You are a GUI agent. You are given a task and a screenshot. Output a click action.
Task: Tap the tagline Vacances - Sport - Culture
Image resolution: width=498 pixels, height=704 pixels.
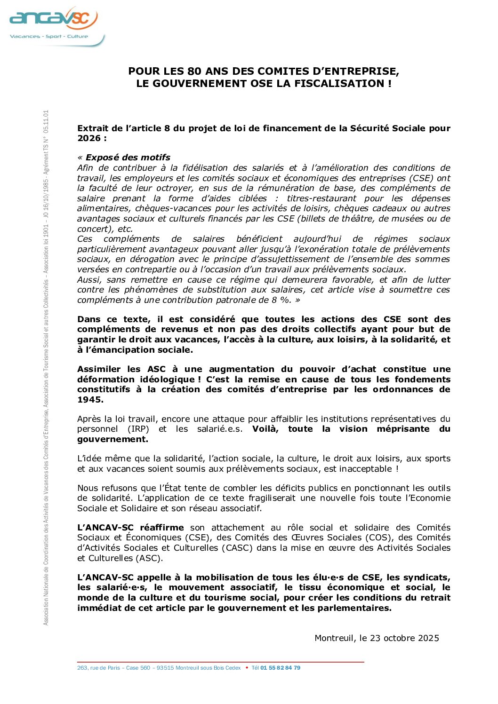click(x=49, y=36)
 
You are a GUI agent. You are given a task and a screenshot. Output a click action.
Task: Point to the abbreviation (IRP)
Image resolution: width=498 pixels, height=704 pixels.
click(x=138, y=429)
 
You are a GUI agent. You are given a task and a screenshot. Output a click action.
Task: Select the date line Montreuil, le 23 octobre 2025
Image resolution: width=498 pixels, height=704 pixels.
click(x=377, y=638)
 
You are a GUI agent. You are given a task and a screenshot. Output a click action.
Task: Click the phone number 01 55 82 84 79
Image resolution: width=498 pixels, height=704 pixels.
click(x=280, y=668)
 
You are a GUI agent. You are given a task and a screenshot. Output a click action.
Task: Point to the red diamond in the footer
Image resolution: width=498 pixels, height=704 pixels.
click(x=247, y=668)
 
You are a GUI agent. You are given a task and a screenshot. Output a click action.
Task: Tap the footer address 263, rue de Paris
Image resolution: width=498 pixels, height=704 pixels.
click(x=98, y=668)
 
